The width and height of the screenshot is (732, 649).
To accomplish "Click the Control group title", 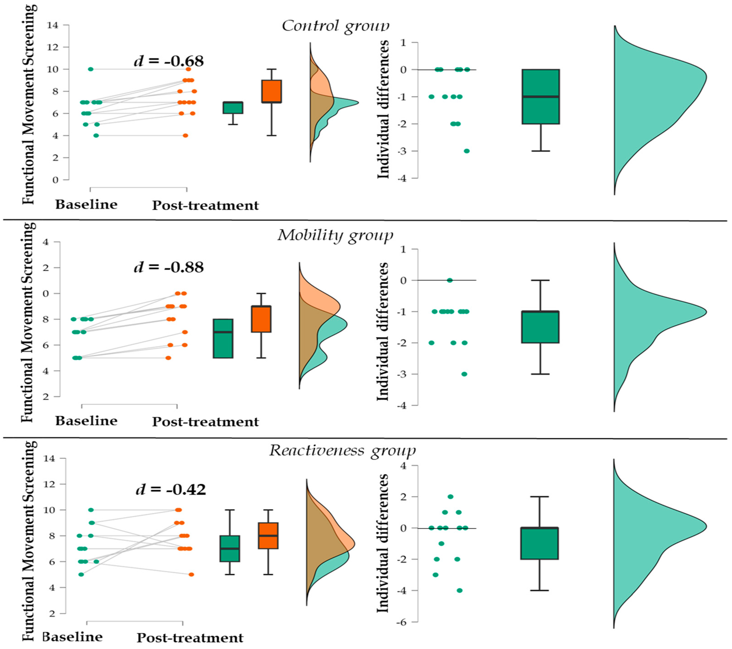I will pos(335,26).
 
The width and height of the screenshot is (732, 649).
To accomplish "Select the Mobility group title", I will pos(335,236).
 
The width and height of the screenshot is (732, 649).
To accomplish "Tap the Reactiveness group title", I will pos(342,450).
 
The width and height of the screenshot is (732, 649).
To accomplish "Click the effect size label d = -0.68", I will pos(169,61).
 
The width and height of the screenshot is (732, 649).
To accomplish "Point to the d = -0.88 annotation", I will pos(169,267).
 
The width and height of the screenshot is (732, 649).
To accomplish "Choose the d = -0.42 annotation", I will pos(171,489).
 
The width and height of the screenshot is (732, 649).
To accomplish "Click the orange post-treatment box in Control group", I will pos(272,91).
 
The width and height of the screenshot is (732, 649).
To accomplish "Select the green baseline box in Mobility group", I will pos(223,338).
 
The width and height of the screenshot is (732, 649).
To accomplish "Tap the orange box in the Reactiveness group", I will pos(268,535).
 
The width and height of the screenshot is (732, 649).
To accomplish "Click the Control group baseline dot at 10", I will pos(91,69).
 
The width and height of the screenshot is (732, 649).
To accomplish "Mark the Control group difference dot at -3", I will pos(467,151).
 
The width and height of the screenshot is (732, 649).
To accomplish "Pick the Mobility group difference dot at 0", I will pos(450,280).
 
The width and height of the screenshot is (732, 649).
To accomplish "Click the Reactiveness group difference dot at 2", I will pos(450,497).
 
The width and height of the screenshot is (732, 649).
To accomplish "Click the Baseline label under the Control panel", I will pos(86,205).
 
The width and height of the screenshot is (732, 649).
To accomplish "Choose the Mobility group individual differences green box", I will pos(540,327).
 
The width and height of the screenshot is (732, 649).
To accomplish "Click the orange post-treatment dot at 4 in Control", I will pos(185,136).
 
